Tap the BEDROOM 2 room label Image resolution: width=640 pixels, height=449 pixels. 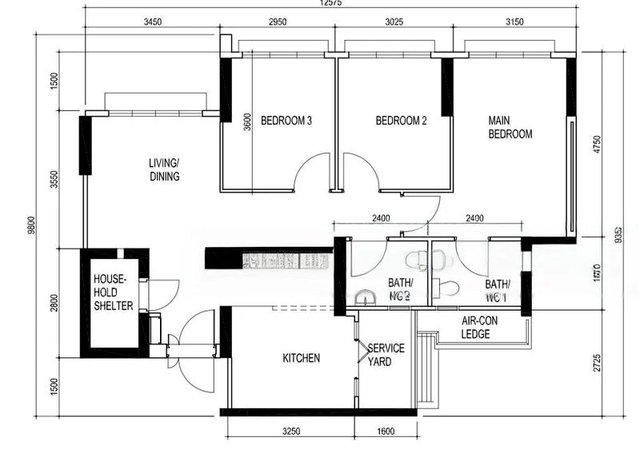[x=401, y=121]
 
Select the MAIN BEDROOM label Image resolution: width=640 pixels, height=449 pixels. [x=510, y=128]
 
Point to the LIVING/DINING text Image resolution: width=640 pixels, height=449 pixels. [x=164, y=170]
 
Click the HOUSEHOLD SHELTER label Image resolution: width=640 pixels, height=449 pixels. [x=114, y=292]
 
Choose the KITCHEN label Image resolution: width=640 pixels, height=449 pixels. [x=301, y=359]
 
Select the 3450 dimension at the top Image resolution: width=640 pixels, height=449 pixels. [x=152, y=22]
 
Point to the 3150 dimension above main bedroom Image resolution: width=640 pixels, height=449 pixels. [x=514, y=22]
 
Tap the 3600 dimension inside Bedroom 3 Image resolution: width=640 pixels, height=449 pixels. [x=247, y=120]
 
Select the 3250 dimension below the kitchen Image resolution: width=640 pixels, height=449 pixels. [x=290, y=432]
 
